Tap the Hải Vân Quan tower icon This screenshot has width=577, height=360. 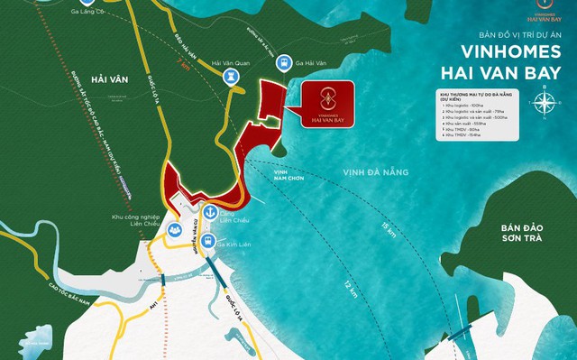(x=229, y=78)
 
